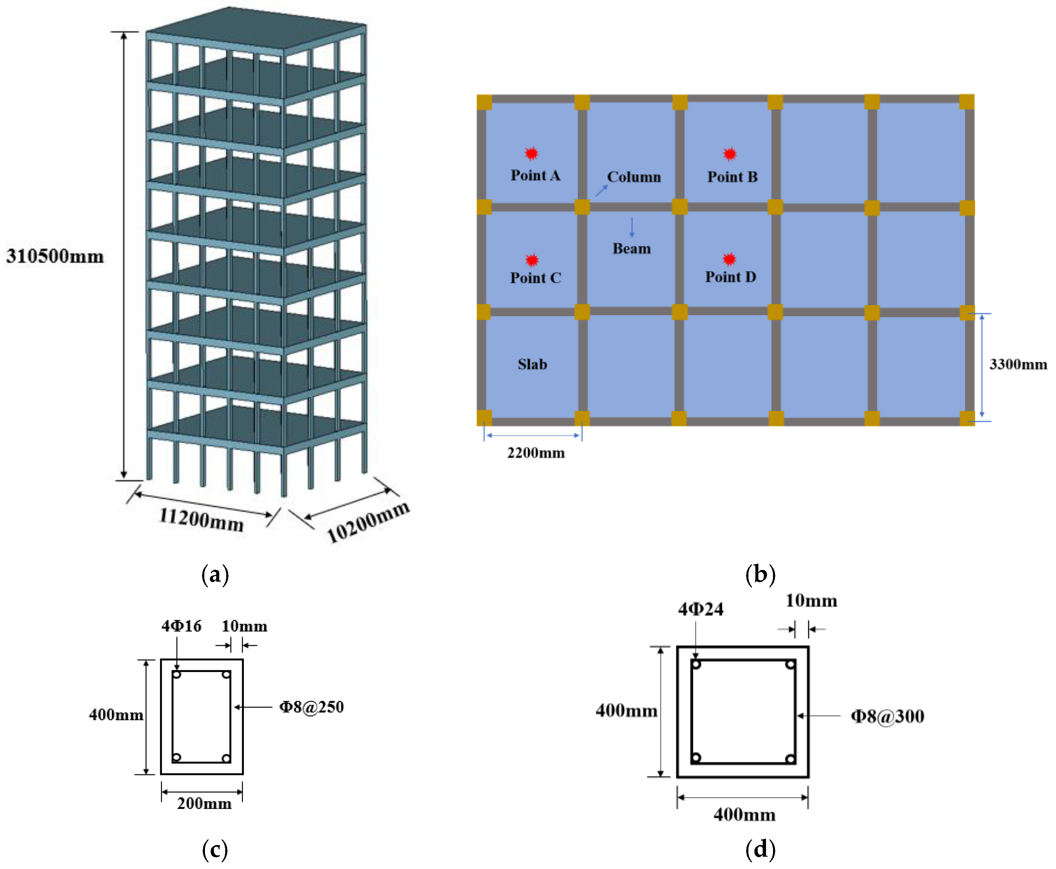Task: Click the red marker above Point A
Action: [x=531, y=153]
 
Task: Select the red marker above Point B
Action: [x=730, y=154]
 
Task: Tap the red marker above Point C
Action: [x=531, y=260]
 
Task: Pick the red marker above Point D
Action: [x=729, y=259]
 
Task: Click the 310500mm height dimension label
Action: [x=55, y=256]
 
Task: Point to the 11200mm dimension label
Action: [x=201, y=519]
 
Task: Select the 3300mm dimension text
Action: [x=1018, y=364]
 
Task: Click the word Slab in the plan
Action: [x=532, y=364]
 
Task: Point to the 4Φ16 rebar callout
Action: [x=181, y=626]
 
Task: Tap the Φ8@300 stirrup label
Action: [x=887, y=716]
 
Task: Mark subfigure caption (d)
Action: [x=760, y=849]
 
